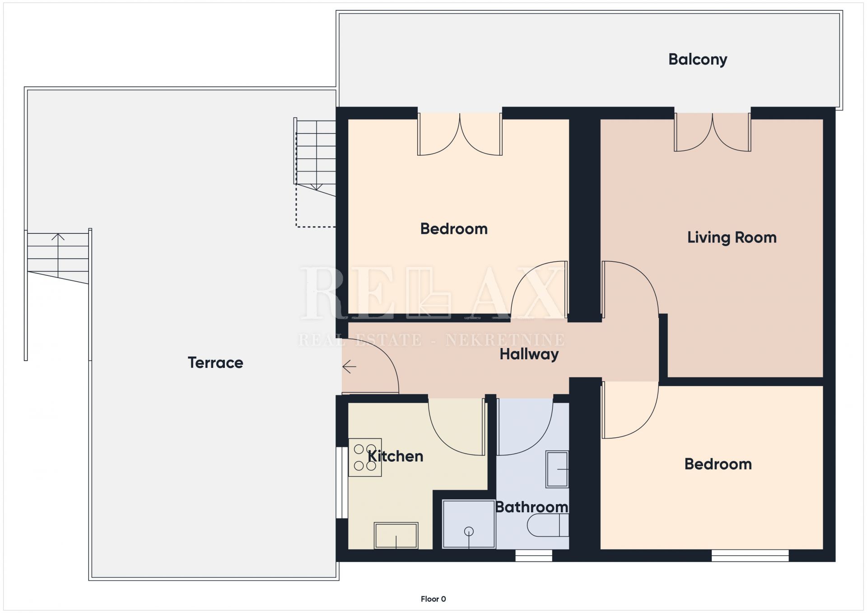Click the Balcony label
click(698, 59)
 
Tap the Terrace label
click(215, 362)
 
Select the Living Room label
click(732, 237)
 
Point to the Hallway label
click(529, 354)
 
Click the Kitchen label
click(396, 456)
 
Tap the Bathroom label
click(531, 507)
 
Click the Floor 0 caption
click(433, 599)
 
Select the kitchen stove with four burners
click(365, 457)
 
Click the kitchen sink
click(396, 536)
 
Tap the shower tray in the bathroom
click(469, 524)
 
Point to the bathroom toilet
click(547, 525)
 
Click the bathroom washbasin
click(557, 469)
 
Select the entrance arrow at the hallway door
click(349, 367)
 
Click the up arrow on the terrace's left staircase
click(58, 255)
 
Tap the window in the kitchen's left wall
click(342, 482)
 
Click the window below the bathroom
click(534, 556)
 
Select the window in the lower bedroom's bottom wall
click(750, 556)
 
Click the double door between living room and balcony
click(713, 132)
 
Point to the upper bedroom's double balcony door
click(460, 134)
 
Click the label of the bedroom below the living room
click(718, 464)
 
